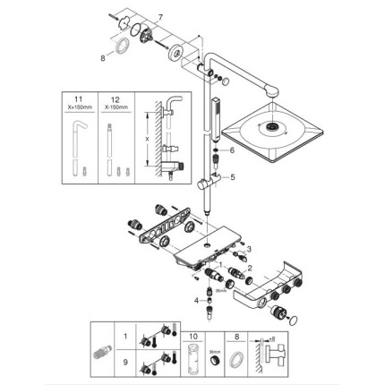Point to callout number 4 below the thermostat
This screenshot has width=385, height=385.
pos(198,301)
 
